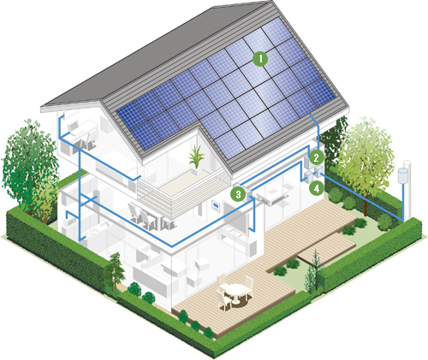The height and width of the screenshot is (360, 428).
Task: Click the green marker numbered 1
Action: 260,59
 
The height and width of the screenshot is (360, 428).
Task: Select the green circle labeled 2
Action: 316,157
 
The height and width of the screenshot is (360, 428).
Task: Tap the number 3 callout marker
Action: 238,194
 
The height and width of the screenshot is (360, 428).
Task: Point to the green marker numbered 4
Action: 317,188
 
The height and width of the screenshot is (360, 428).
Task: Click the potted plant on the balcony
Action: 196,160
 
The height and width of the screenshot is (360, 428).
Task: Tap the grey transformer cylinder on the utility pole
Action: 403,175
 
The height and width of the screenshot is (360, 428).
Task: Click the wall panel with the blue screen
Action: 216,206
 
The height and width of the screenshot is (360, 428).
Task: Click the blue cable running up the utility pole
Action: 403,202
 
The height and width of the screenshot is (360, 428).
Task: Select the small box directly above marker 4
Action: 318,170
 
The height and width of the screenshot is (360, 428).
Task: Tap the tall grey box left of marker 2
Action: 306,163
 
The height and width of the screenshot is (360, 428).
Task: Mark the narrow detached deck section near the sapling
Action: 327,247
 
